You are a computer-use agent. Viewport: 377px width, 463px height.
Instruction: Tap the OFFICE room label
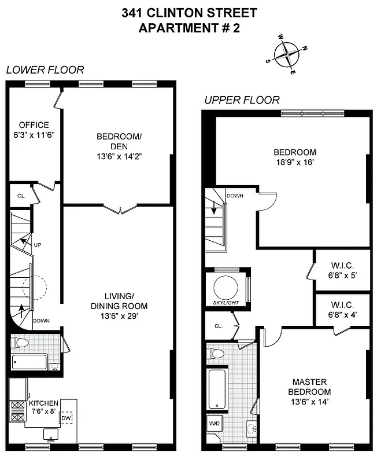pyautogui.click(x=34, y=125)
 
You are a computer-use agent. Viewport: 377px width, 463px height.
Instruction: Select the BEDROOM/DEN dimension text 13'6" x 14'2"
pyautogui.click(x=119, y=156)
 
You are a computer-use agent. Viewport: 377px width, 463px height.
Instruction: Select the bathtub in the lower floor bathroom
pyautogui.click(x=29, y=362)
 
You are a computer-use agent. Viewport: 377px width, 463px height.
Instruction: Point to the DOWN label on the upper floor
pyautogui.click(x=235, y=196)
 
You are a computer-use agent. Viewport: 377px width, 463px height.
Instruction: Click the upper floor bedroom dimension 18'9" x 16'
pyautogui.click(x=295, y=163)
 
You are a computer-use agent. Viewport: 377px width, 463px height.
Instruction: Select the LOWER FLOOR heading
pyautogui.click(x=45, y=70)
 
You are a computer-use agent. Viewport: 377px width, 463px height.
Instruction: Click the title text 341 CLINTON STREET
pyautogui.click(x=190, y=12)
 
